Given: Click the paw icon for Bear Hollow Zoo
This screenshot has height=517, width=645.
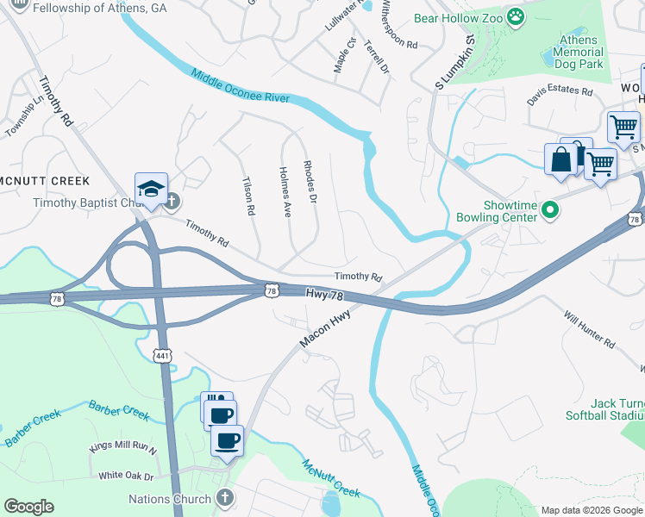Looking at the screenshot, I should (x=516, y=17).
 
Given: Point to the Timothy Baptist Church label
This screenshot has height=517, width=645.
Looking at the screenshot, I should (x=85, y=203).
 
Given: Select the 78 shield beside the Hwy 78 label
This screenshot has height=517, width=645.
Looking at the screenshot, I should (x=272, y=292).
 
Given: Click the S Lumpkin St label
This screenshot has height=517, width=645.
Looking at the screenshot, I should (x=455, y=62).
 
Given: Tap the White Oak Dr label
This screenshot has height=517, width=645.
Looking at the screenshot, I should (x=126, y=476).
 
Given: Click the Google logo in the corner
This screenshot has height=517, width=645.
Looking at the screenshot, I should (x=28, y=507).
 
